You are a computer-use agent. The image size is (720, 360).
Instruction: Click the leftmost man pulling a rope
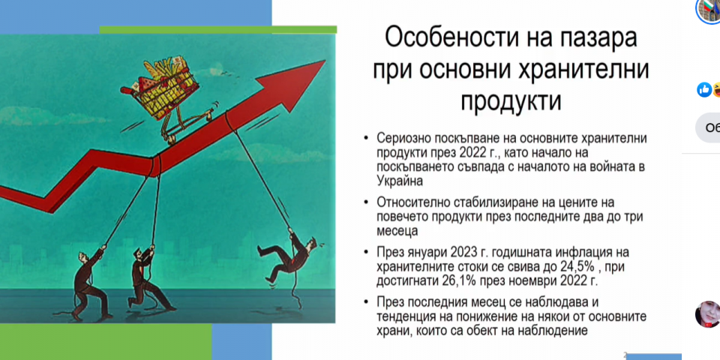(x=90, y=285)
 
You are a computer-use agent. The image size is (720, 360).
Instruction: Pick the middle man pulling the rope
(x=145, y=279)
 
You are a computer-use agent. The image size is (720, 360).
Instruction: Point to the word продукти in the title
(x=511, y=101)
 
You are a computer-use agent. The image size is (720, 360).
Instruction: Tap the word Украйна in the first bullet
(x=400, y=181)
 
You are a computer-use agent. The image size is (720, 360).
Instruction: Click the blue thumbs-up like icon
(x=704, y=90)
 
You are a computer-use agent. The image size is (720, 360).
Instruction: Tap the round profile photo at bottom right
(x=708, y=314)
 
